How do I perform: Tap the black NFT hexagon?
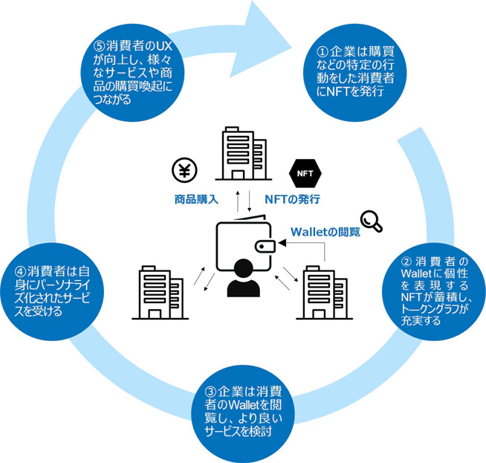pos(302,173)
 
